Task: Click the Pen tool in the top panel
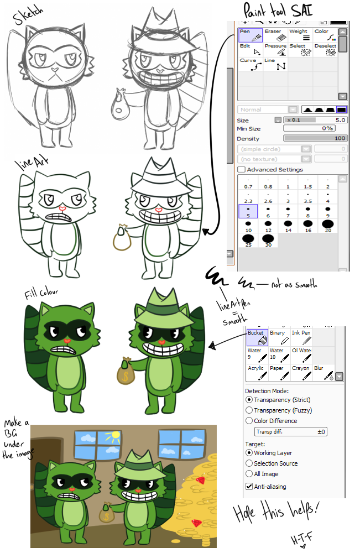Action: tap(251, 35)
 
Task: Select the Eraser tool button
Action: tap(275, 35)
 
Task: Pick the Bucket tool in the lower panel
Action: tap(257, 337)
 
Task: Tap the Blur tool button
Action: tap(324, 372)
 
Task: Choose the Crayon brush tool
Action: tap(301, 372)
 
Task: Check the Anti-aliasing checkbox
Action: tap(249, 487)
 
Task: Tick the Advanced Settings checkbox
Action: tap(241, 169)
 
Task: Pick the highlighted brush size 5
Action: tap(248, 211)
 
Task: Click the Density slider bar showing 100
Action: tap(315, 138)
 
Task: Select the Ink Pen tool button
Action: tap(301, 337)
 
